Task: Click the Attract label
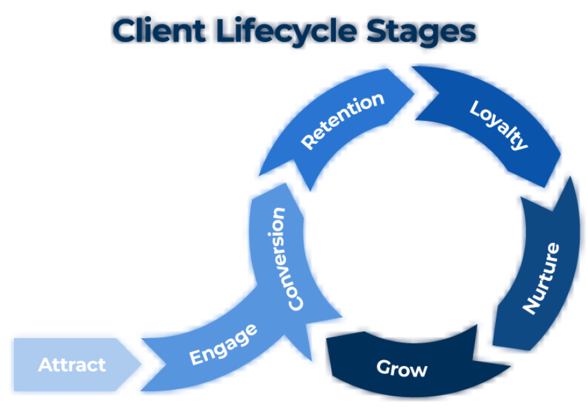pos(72,365)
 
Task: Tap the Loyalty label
pos(499,125)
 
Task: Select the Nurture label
pos(541,278)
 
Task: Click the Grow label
pos(402,368)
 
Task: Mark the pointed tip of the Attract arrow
pos(141,364)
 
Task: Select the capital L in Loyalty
pos(476,108)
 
